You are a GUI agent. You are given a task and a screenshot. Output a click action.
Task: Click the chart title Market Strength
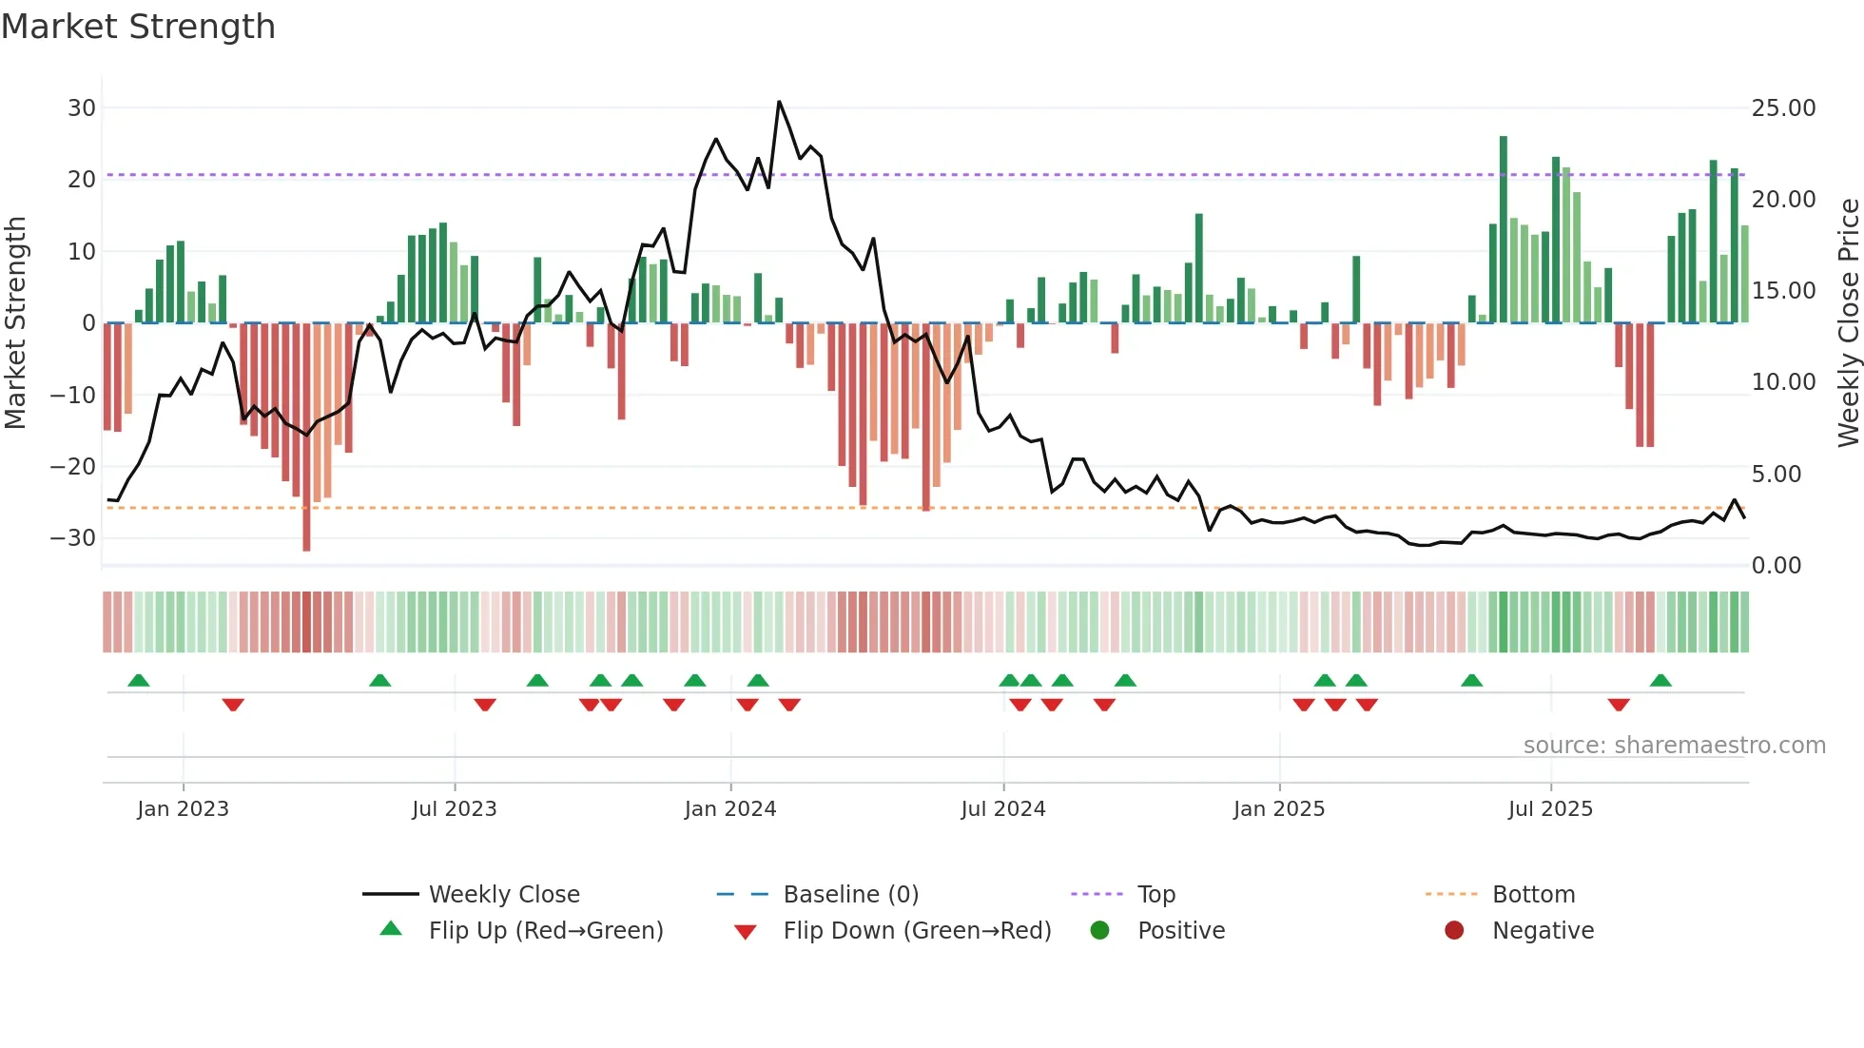pyautogui.click(x=138, y=27)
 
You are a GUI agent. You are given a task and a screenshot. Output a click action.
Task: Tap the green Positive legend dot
pyautogui.click(x=1100, y=930)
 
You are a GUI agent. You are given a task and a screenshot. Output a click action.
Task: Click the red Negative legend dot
pyautogui.click(x=1454, y=930)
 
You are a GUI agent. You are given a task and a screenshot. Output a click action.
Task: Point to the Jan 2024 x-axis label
pyautogui.click(x=730, y=808)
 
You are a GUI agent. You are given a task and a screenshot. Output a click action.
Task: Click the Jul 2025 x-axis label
pyautogui.click(x=1550, y=808)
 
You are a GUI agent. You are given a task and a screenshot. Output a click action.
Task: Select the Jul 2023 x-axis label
pyautogui.click(x=455, y=808)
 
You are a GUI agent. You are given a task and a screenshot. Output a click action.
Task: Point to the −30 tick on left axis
pyautogui.click(x=73, y=538)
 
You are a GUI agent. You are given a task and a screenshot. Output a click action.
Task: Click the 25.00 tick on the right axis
pyautogui.click(x=1783, y=107)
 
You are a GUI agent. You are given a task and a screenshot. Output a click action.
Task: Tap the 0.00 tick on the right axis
pyautogui.click(x=1777, y=566)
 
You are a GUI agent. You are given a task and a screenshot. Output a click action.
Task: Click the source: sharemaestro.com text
pyautogui.click(x=1674, y=745)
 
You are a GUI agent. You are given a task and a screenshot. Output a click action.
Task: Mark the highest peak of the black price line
pyautogui.click(x=779, y=102)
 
